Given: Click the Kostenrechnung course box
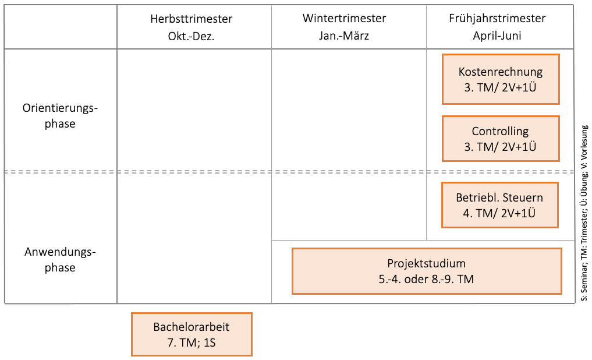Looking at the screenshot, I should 501,79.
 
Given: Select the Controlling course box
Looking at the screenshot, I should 501,139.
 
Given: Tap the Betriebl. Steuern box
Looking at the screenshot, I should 499,204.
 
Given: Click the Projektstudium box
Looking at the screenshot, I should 427,271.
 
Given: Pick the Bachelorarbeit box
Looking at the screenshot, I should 192,334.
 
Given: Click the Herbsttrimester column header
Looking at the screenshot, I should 191,19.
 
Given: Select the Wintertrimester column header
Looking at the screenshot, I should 344,19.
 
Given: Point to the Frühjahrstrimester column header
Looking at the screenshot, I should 497,19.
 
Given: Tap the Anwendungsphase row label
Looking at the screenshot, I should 61,260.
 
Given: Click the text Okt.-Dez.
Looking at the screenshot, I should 191,36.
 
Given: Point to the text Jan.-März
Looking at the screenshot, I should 344,36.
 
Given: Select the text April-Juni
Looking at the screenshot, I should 497,36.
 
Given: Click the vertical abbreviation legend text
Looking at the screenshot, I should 584,213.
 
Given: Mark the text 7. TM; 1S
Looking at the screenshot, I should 192,343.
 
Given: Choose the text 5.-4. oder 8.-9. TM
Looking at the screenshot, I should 426,279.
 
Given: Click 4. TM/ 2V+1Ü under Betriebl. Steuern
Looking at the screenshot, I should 499,213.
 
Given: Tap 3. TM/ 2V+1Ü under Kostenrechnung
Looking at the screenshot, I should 501,87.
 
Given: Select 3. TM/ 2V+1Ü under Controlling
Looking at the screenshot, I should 501,147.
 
